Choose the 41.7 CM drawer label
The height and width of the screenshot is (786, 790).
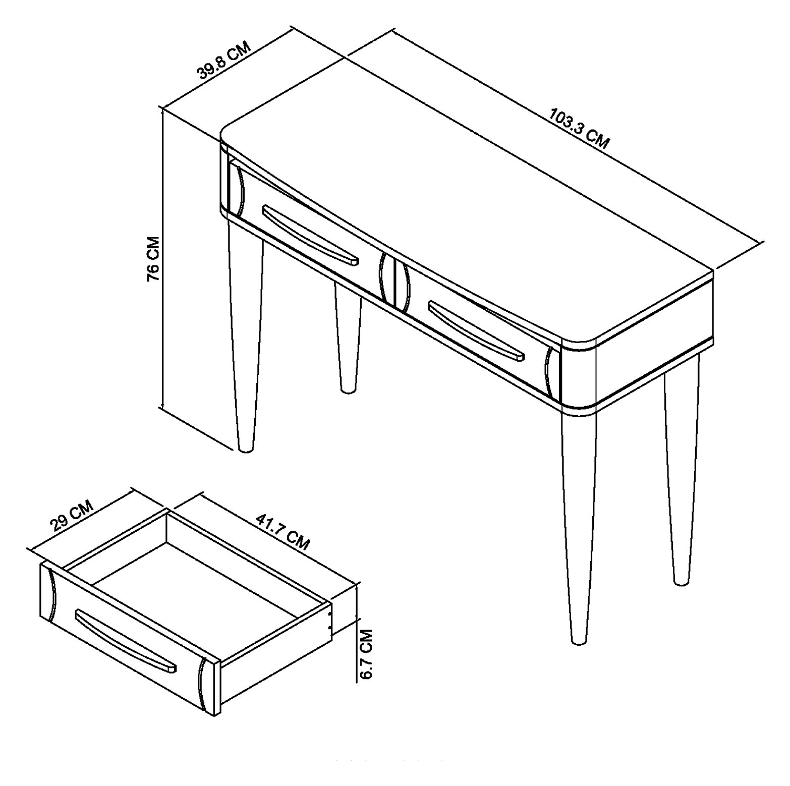(283, 532)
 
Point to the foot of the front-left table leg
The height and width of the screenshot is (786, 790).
(246, 447)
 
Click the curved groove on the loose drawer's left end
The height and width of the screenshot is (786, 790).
(50, 594)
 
